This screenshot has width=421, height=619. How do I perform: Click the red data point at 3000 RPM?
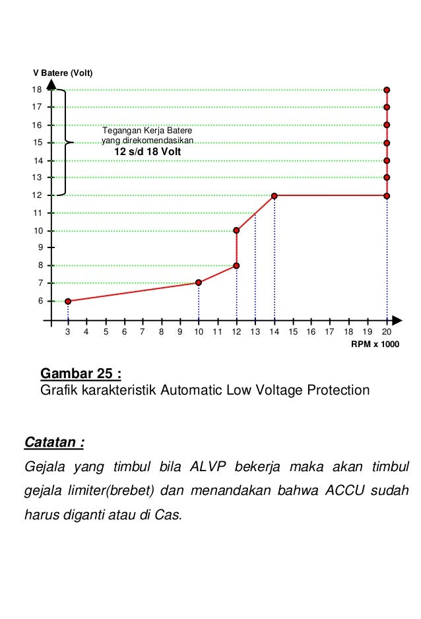pos(68,301)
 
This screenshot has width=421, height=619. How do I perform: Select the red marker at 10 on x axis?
pos(199,282)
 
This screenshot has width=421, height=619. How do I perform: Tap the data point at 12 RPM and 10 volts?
pos(236,230)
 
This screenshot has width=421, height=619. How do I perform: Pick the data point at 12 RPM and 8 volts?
pos(236,265)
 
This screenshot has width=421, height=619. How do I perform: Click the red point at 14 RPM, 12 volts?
pos(274,195)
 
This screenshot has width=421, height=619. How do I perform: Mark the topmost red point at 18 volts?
pos(387,89)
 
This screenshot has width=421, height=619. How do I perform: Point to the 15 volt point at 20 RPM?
pos(387,143)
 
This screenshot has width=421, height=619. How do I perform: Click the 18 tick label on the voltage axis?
pos(37,89)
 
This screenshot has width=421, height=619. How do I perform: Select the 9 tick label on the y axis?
pos(40,247)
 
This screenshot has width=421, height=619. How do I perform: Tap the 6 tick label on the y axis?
pos(40,301)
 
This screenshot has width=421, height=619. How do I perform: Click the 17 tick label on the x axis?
pos(330,332)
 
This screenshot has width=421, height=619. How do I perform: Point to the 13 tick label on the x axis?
pos(255,332)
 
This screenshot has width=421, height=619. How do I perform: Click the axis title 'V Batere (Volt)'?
pos(63,72)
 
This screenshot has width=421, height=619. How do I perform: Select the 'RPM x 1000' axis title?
pos(375,344)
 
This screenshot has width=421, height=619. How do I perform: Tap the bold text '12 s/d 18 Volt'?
pos(148,152)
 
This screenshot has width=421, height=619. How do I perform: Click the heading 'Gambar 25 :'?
pos(81,374)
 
